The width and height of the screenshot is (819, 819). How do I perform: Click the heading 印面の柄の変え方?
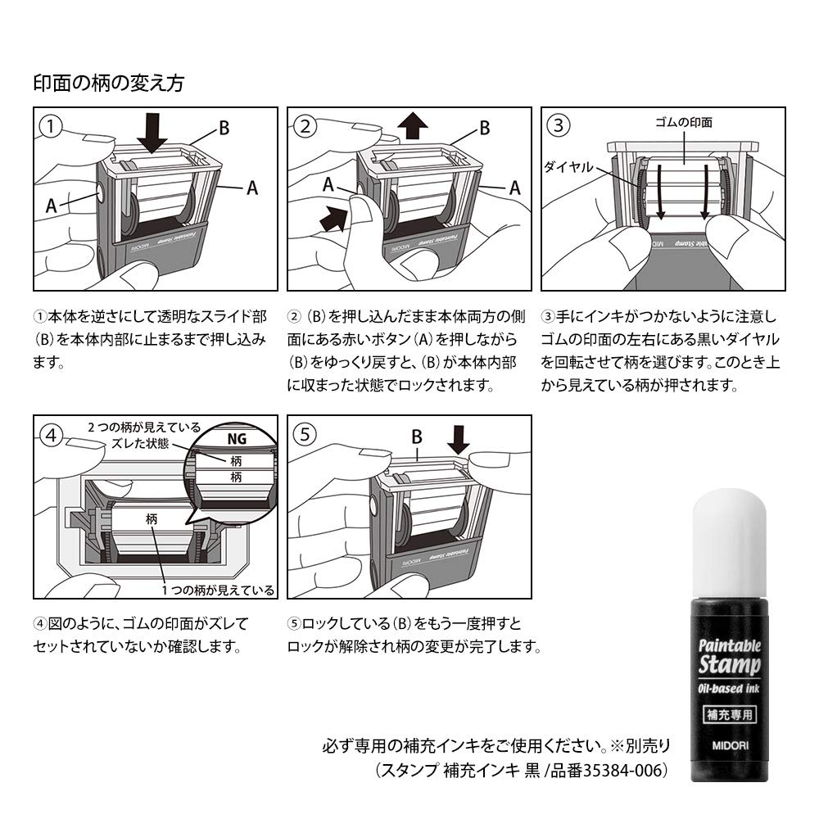[108, 83]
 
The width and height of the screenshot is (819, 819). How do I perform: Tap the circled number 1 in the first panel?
[52, 126]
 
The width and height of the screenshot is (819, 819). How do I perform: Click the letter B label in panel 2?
[484, 128]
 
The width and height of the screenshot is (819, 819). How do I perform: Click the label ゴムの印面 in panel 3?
[685, 122]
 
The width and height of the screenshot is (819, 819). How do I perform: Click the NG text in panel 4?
[236, 438]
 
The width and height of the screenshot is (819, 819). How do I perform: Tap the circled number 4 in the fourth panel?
[52, 435]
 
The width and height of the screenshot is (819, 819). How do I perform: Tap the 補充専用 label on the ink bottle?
[731, 713]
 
